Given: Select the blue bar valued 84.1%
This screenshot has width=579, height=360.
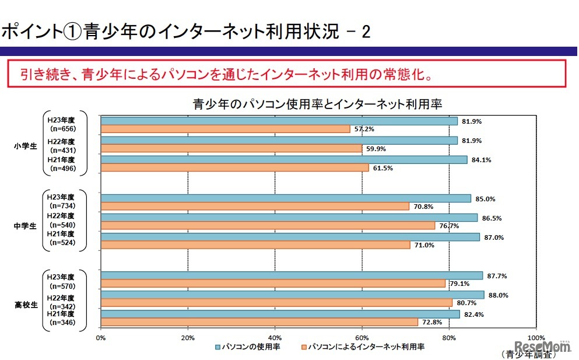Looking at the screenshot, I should (284, 159).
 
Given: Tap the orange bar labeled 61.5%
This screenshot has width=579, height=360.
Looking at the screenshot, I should (234, 167).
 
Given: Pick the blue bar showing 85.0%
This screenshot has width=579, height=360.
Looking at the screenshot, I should (286, 198).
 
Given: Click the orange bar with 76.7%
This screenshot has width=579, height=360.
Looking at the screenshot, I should (268, 225).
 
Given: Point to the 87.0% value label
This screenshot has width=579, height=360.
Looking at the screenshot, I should (494, 237).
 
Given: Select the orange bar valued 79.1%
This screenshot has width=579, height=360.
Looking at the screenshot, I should (273, 284).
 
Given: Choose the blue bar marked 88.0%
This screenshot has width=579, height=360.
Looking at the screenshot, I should (292, 295).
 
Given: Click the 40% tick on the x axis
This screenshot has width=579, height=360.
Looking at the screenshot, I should (275, 337).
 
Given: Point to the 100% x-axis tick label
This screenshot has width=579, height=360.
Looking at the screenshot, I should (535, 337).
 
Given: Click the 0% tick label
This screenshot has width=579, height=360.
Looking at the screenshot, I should (100, 337).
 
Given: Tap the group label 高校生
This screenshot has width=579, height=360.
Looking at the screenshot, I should (25, 303).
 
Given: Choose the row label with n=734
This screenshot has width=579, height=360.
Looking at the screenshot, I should (62, 202).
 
